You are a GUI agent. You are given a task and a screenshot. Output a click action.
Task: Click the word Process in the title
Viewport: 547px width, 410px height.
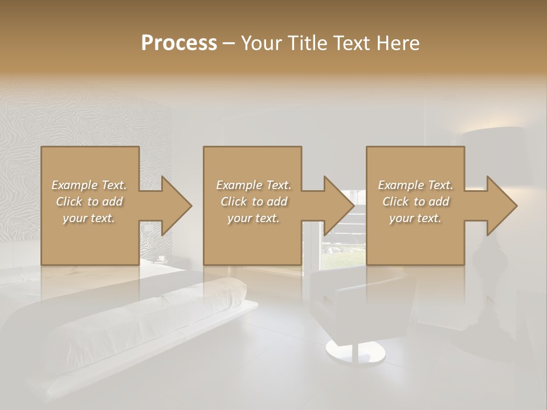click(x=179, y=43)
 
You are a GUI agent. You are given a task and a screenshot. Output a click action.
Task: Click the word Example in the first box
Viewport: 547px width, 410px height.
click(x=75, y=185)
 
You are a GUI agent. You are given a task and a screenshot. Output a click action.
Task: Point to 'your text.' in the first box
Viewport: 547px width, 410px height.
click(x=89, y=218)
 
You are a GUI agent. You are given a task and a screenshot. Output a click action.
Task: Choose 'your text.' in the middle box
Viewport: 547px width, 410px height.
click(x=253, y=218)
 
